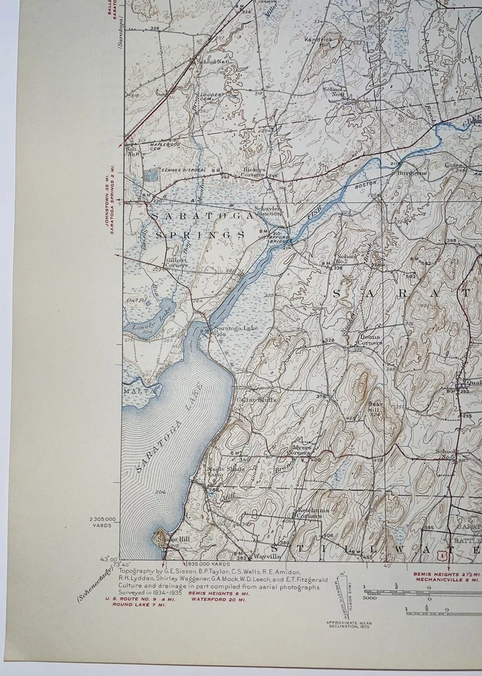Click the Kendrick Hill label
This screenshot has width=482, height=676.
[x=318, y=43]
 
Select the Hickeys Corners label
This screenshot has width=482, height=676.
[x=255, y=172]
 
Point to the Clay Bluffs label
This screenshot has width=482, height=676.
[x=259, y=399]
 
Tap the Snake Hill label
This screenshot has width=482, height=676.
[x=173, y=539]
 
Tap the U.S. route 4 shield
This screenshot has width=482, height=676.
[x=440, y=555]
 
